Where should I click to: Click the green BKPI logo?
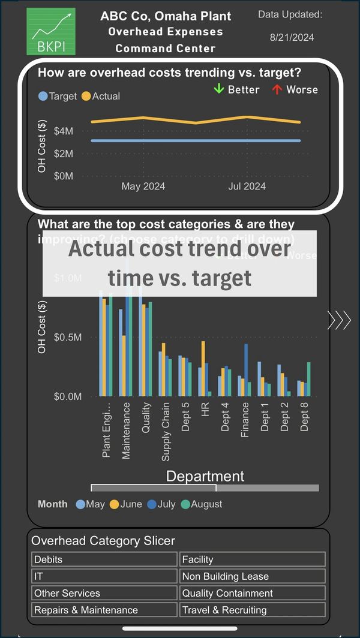tap(51, 32)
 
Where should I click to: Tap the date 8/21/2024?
tap(292, 38)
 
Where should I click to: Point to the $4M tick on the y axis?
tap(64, 131)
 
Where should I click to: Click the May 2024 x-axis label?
tap(143, 186)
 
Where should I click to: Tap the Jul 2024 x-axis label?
tap(247, 186)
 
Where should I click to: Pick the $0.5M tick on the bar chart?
tap(67, 337)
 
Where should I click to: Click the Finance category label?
tap(245, 420)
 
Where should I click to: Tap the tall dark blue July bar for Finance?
tap(245, 370)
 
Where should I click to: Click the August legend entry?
tap(202, 504)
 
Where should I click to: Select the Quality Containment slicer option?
tap(253, 593)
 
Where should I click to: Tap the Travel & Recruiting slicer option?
tap(253, 610)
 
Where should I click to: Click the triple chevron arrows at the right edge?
tap(339, 321)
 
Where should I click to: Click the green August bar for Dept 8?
tap(309, 379)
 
